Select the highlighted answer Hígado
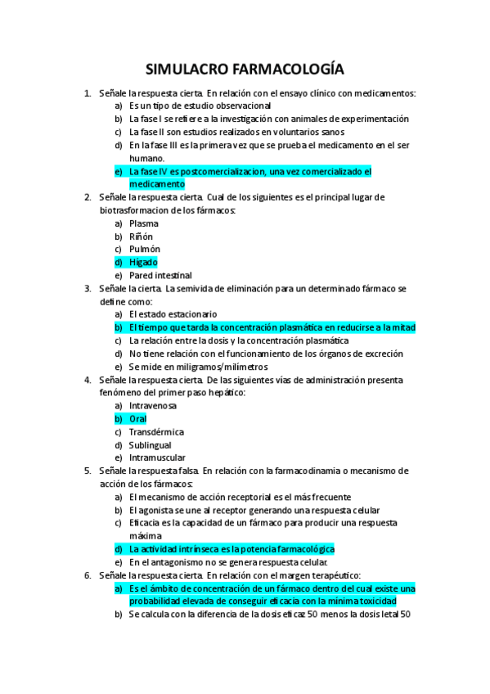pos(143,262)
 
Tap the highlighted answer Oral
pos(138,418)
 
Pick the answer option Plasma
pos(144,223)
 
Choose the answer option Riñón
pos(142,236)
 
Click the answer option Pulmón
pos(145,249)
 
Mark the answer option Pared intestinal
pos(160,275)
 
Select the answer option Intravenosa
pos(153,405)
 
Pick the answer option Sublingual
pos(151,444)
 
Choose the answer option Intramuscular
pos(157,457)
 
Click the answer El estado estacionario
pos(173,313)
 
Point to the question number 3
pos(88,288)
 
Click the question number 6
pos(88,575)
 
